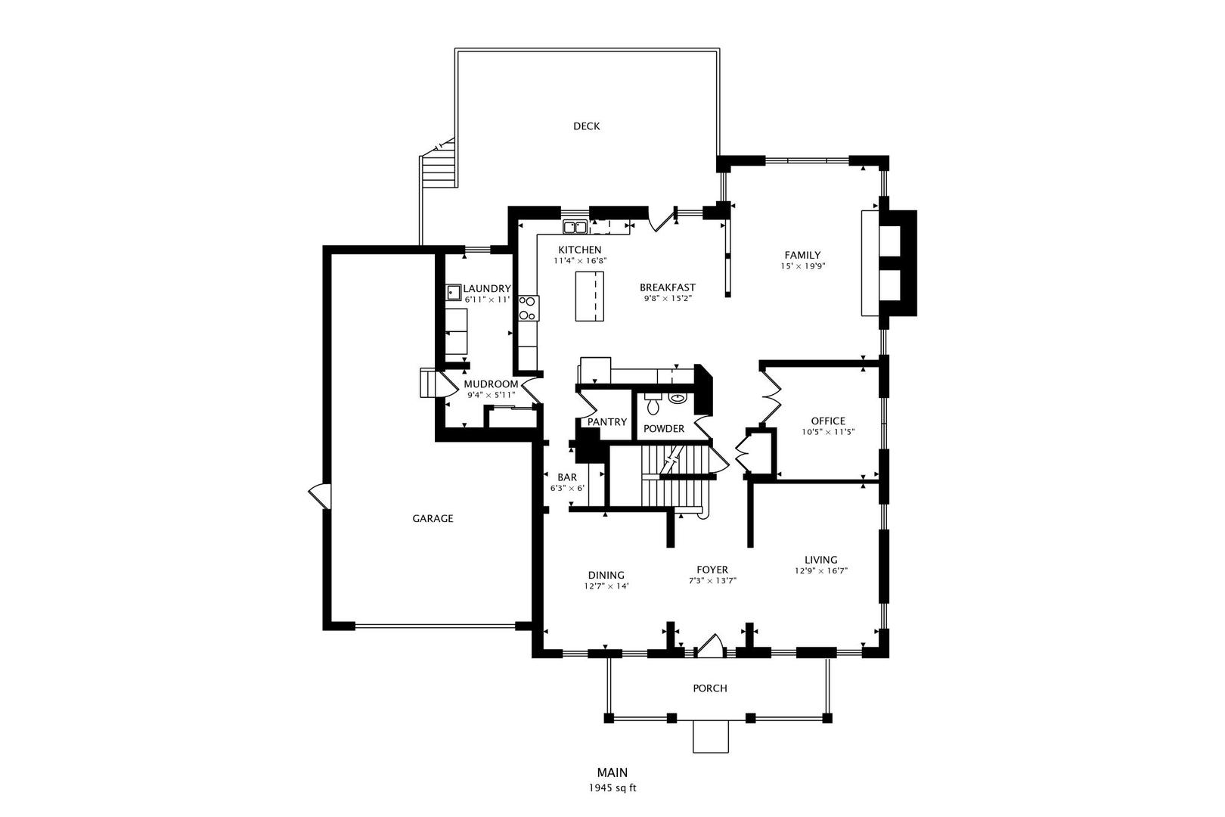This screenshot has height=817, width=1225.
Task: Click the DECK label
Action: click(x=586, y=126)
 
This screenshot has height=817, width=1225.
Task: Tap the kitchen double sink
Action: click(x=575, y=226)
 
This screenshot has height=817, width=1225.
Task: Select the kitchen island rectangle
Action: click(x=591, y=296)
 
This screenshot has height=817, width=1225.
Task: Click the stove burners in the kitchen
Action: click(x=528, y=308)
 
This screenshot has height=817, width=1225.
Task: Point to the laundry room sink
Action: click(x=454, y=292)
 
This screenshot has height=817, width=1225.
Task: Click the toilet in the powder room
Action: click(x=653, y=405)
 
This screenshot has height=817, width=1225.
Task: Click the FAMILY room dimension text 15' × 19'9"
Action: click(x=802, y=266)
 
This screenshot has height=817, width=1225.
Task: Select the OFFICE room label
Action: click(x=827, y=421)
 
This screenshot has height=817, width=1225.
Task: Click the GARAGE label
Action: click(x=433, y=519)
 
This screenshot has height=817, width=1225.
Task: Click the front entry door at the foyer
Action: click(x=710, y=645)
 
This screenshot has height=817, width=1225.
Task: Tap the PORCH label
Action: click(x=709, y=688)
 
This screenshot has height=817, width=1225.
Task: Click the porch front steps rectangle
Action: click(x=711, y=737)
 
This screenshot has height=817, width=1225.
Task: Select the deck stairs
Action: click(x=438, y=166)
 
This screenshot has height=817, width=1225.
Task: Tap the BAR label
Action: click(x=566, y=477)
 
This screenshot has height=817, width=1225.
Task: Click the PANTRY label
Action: click(x=607, y=422)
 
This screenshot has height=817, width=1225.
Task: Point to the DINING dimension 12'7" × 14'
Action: click(x=606, y=586)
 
